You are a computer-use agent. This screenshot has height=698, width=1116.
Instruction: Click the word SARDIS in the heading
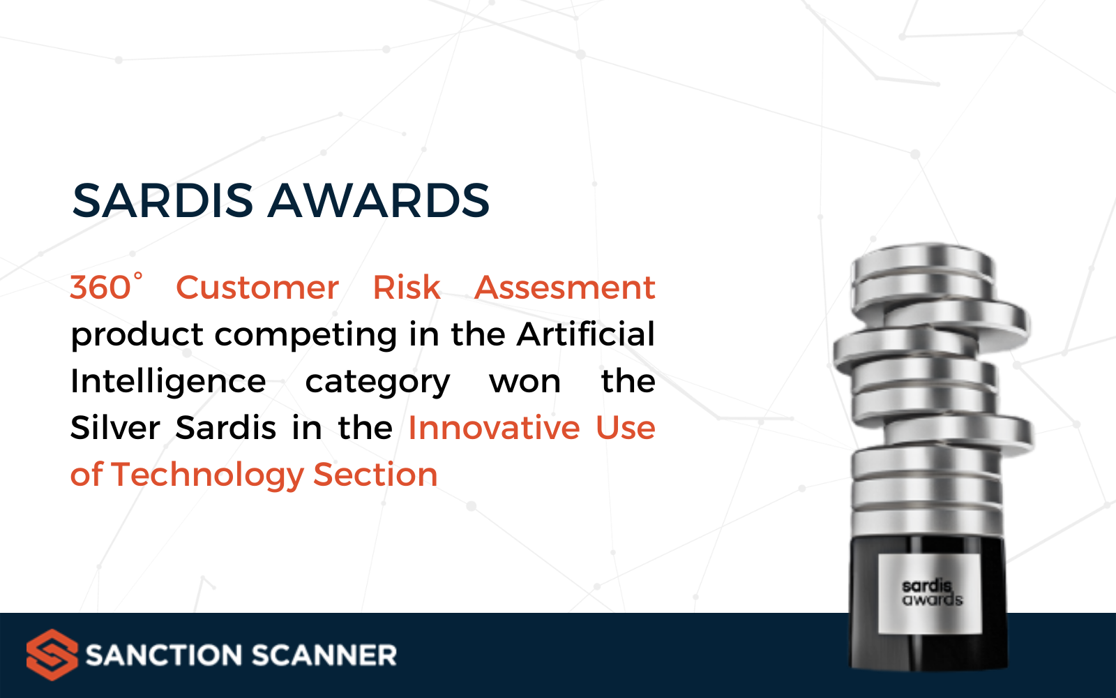tap(163, 200)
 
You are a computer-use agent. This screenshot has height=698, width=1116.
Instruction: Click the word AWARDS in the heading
tap(379, 200)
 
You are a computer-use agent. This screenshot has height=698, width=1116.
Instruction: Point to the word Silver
tap(115, 427)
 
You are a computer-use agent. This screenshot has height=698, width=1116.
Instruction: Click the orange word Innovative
tap(494, 427)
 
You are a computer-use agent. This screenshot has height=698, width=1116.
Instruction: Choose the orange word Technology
tap(207, 475)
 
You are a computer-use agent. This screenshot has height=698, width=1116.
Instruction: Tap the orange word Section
tap(375, 474)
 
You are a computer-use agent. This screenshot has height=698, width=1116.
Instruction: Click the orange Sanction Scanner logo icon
tap(52, 655)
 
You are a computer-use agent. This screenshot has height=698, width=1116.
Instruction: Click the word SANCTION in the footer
tap(164, 655)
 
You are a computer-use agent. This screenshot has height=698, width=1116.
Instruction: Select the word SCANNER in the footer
tap(324, 655)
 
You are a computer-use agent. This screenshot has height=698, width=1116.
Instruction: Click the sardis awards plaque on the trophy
tap(930, 593)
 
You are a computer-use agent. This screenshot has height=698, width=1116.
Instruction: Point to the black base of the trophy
tap(928, 602)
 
